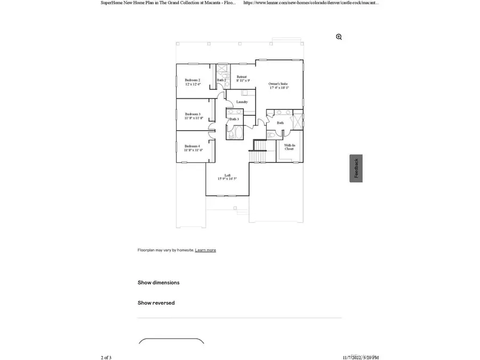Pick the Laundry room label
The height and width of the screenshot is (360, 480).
tap(242, 102)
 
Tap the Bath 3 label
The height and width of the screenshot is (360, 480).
tap(234, 119)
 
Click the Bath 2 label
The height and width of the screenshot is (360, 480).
tap(221, 81)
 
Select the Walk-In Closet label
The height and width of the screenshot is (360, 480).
tap(289, 147)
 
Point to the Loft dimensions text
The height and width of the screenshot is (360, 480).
tap(227, 179)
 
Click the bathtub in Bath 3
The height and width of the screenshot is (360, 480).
tap(235, 132)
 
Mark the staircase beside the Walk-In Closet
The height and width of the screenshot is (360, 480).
tap(260, 146)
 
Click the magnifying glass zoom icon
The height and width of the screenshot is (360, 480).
tap(339, 37)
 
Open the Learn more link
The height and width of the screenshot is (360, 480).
tap(205, 250)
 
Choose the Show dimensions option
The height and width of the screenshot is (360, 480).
tap(158, 283)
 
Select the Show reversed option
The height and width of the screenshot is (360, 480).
tap(156, 303)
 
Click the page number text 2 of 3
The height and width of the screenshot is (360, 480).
tap(106, 357)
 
